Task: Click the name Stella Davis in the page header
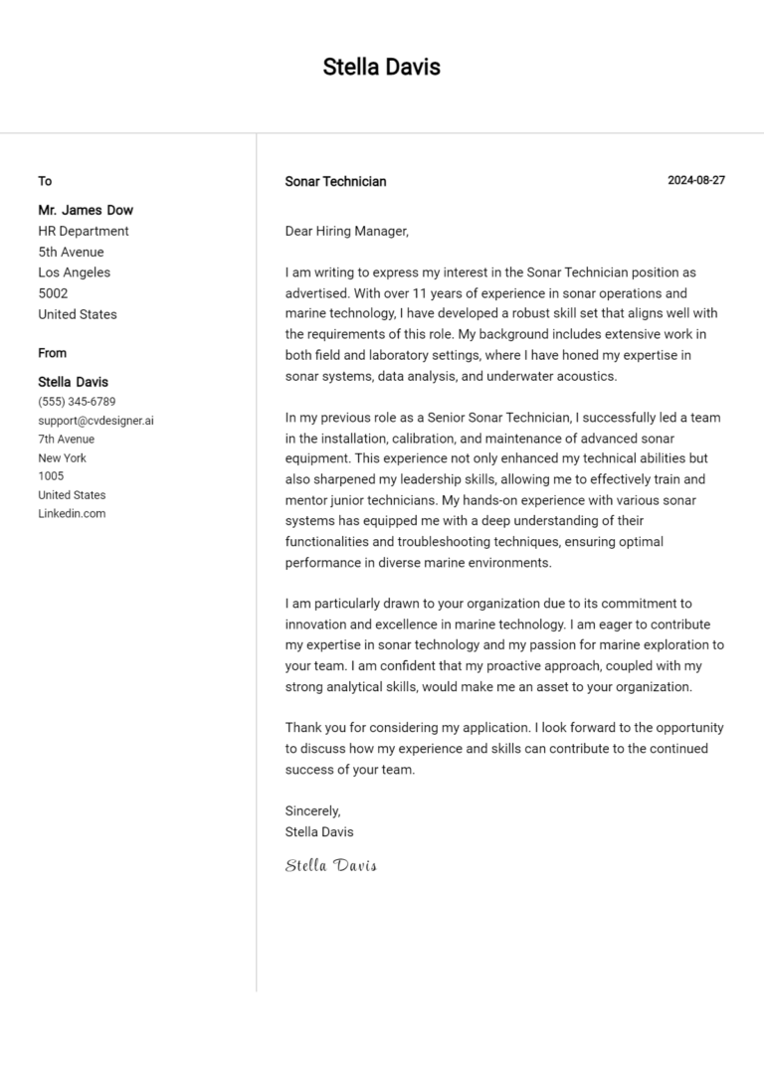[x=381, y=68]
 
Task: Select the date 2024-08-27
[x=695, y=181]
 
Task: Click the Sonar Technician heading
[x=335, y=182]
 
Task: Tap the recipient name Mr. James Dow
[x=86, y=210]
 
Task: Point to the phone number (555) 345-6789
[x=77, y=402]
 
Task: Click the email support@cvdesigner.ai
[x=95, y=421]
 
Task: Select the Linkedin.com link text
[x=72, y=514]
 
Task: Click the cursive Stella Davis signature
[x=330, y=865]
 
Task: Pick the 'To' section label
[x=45, y=181]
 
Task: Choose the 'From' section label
[x=53, y=353]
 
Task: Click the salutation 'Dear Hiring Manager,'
[x=346, y=232]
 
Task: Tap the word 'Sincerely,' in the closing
[x=312, y=811]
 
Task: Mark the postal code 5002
[x=53, y=293]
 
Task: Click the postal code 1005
[x=51, y=476]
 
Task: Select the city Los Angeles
[x=75, y=272]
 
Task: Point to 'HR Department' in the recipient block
[x=84, y=231]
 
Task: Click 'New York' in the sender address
[x=62, y=458]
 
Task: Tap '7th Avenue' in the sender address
[x=67, y=440]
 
